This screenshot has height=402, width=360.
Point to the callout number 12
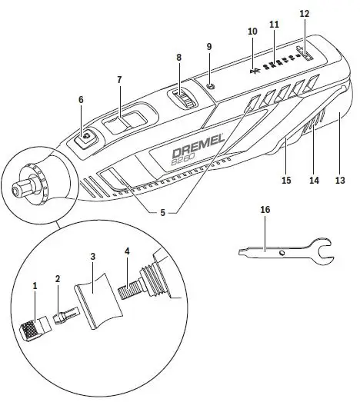pos(304,14)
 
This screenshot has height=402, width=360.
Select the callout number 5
pos(162,211)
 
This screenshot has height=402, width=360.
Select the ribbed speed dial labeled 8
pos(184,97)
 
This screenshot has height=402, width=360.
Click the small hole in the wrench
pos(282,251)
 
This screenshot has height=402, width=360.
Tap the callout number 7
pos(119,80)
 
